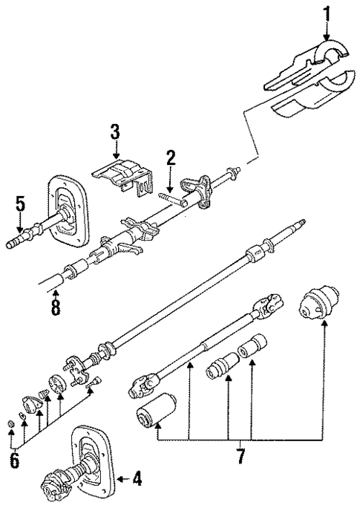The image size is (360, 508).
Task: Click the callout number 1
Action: point(324,13)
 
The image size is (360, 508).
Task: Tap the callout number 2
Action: point(170,157)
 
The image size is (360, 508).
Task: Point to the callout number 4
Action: point(137,480)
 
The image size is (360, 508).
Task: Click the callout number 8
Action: point(55,306)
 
